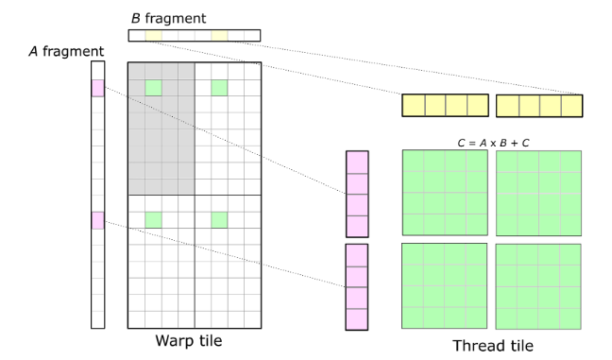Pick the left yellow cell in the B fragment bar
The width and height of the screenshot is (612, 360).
pyautogui.click(x=153, y=36)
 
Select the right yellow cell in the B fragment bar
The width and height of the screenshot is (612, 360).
pyautogui.click(x=219, y=36)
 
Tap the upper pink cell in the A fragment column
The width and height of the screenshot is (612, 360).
pyautogui.click(x=97, y=88)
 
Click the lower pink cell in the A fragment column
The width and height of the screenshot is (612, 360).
pyautogui.click(x=97, y=219)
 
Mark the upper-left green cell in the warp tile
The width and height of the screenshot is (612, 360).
pyautogui.click(x=153, y=88)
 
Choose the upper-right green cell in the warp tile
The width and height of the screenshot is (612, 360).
pyautogui.click(x=219, y=88)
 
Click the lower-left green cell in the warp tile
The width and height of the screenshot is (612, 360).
pyautogui.click(x=153, y=219)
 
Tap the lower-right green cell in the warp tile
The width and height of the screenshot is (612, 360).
pyautogui.click(x=219, y=219)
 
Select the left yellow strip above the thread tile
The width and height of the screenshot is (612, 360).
pyautogui.click(x=446, y=105)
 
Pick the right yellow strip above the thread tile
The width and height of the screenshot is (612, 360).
pyautogui.click(x=538, y=105)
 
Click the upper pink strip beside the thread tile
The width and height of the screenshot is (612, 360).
pyautogui.click(x=357, y=194)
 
